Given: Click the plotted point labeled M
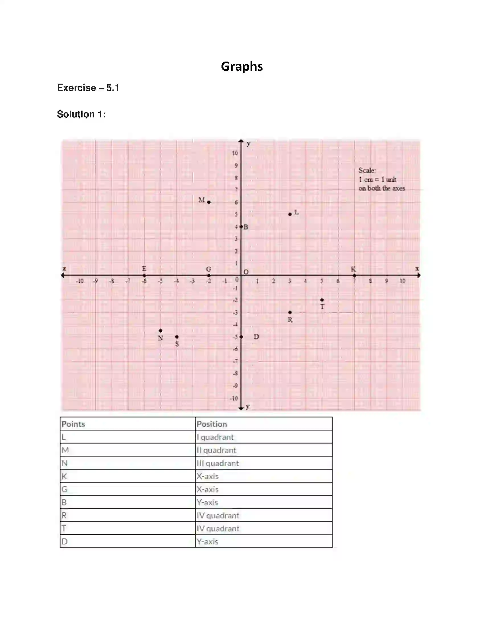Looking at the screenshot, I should (x=209, y=202).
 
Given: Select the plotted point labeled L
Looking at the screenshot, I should (x=290, y=214).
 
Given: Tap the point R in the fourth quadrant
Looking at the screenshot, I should (x=290, y=312).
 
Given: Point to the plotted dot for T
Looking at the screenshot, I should (x=322, y=300).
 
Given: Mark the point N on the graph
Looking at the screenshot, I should (x=161, y=331).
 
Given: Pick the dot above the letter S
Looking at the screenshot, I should (x=177, y=337).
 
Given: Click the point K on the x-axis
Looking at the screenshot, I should (x=354, y=275).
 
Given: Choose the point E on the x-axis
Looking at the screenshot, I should (x=144, y=275).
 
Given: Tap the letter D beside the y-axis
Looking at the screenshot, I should (x=256, y=337).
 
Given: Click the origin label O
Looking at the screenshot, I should (x=246, y=272).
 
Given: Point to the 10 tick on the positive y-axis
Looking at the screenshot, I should (x=235, y=153).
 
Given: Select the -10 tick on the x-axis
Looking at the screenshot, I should (x=80, y=281).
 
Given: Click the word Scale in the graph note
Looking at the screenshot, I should (x=367, y=170).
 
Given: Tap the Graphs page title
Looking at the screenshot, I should (x=242, y=66).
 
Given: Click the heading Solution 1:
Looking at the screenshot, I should (x=81, y=114).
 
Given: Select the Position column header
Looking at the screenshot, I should (x=212, y=424).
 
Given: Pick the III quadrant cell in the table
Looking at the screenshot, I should (x=218, y=463).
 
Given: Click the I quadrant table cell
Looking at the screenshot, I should (x=215, y=437).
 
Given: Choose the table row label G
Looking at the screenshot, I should (x=65, y=489).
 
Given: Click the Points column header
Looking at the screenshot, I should (x=73, y=424).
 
